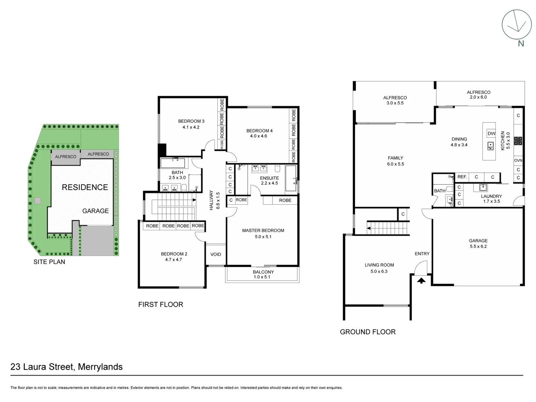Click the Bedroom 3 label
[191, 121]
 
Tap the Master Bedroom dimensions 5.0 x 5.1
[263, 237]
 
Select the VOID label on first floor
[216, 255]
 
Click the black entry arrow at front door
[421, 281]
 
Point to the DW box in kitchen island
[491, 134]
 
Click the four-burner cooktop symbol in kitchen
[518, 141]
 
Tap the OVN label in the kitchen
[518, 160]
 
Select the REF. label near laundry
[462, 177]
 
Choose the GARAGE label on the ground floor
[478, 241]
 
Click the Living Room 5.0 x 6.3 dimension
[379, 271]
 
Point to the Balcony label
[263, 272]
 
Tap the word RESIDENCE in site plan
[85, 187]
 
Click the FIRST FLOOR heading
[160, 304]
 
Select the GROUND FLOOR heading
[367, 332]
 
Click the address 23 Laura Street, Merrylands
[67, 367]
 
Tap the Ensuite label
[269, 178]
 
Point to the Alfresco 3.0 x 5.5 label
[395, 100]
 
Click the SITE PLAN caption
[49, 262]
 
